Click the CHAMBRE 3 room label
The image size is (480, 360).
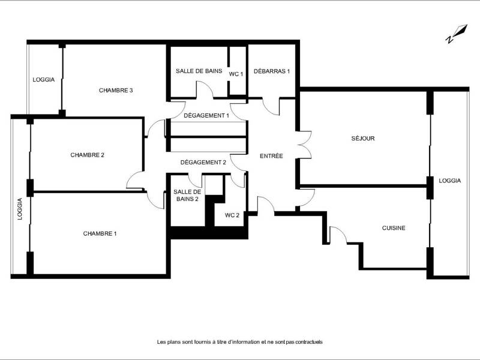116,91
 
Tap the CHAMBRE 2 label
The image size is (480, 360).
88,155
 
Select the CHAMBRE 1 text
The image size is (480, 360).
100,233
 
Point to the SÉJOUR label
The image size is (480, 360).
363,139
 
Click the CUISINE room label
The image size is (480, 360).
394,228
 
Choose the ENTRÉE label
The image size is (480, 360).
271,156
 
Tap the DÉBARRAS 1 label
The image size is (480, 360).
272,71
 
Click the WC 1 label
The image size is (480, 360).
236,74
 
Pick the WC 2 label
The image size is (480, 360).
232,215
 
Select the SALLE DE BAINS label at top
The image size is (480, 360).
199,71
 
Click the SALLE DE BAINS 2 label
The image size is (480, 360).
186,195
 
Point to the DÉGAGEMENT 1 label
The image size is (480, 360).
206,115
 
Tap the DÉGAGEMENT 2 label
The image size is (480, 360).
203,162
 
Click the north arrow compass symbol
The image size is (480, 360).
456,34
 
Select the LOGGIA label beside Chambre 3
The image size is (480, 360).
44,79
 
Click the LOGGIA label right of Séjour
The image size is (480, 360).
449,181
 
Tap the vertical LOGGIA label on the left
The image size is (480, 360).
20,209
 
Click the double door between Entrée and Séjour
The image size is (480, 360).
305,145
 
